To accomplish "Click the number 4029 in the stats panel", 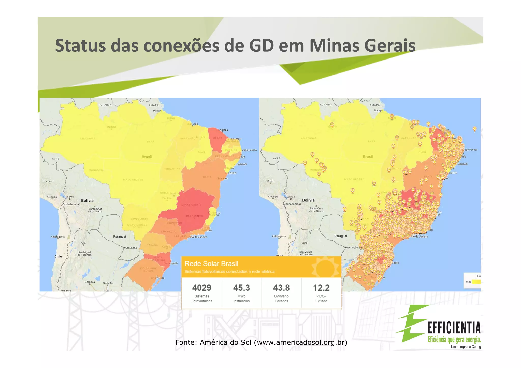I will [201, 288].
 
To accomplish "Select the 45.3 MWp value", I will [241, 288].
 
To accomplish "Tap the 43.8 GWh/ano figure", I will [281, 288].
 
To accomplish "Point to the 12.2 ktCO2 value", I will [321, 288].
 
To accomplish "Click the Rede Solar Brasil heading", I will [211, 264].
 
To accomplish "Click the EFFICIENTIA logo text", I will [454, 328].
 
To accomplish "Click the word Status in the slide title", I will [80, 46].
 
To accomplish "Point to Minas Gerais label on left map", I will [191, 205].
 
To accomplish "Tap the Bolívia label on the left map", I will [87, 201].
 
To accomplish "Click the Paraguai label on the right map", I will [340, 236].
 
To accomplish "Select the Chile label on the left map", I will [58, 256].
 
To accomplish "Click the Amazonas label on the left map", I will [88, 139].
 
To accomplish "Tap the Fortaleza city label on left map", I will [222, 130].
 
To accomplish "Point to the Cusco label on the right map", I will [271, 181].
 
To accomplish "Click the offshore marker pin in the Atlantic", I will [474, 129].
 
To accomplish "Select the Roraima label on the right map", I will [326, 105].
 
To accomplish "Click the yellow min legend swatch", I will [476, 282].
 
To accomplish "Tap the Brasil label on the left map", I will [147, 157].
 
